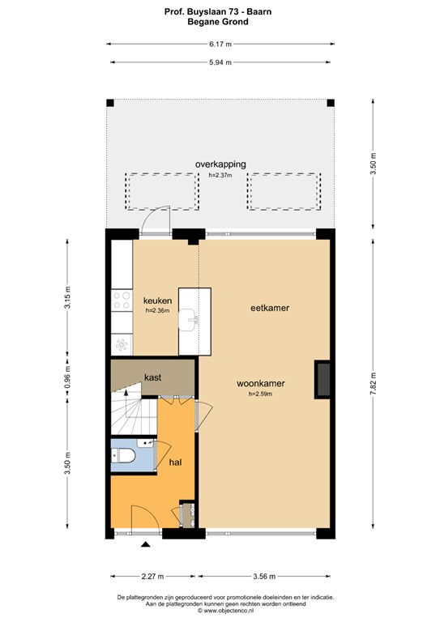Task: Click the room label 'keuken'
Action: (157, 300)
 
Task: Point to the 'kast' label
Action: (152, 377)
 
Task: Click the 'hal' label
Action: (174, 462)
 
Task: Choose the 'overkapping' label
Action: (220, 164)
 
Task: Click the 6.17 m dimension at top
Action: (220, 46)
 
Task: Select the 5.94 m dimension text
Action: (220, 62)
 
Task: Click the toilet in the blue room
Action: (126, 458)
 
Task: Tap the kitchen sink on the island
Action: (194, 319)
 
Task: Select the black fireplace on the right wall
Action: (323, 379)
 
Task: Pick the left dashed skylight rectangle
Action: (161, 191)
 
